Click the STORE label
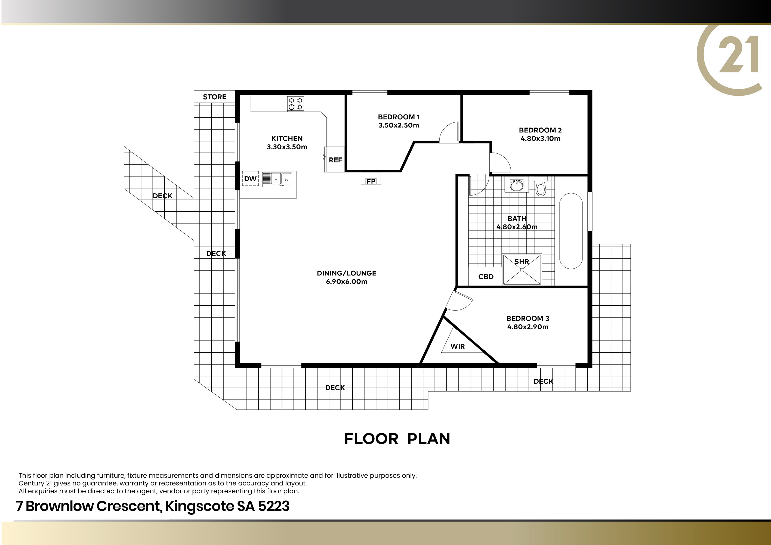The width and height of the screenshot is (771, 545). pos(215,97)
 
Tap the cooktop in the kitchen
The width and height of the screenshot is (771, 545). pos(295,104)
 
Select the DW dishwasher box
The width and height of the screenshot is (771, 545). pos(250,179)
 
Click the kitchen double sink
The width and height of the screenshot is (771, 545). pos(277,179)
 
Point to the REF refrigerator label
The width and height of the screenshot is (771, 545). pos(335,160)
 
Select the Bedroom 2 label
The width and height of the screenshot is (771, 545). pos(540,130)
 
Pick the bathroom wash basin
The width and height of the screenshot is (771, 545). pos(516,185)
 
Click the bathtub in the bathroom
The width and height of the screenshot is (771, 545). pos(571,231)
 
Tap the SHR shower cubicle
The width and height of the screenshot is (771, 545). pos(522,270)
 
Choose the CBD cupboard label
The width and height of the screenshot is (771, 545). pos(486,277)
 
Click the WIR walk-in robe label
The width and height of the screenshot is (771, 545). pos(458,346)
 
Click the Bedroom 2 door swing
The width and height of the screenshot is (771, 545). pos(500,163)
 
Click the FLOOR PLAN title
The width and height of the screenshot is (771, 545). pos(397,439)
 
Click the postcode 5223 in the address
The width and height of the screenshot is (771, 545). pos(274,506)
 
